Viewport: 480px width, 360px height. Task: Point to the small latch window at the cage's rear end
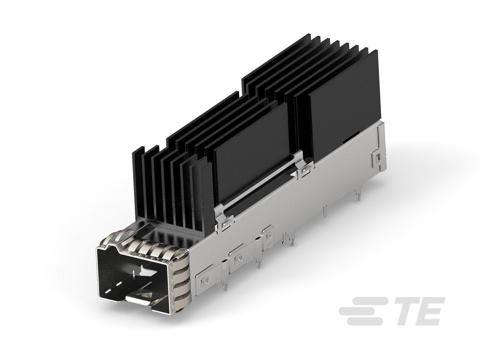pyautogui.click(x=378, y=157)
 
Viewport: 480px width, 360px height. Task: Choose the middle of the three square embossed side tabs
pyautogui.click(x=237, y=259)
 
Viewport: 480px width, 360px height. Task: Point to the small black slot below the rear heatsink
pyautogui.click(x=348, y=140)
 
